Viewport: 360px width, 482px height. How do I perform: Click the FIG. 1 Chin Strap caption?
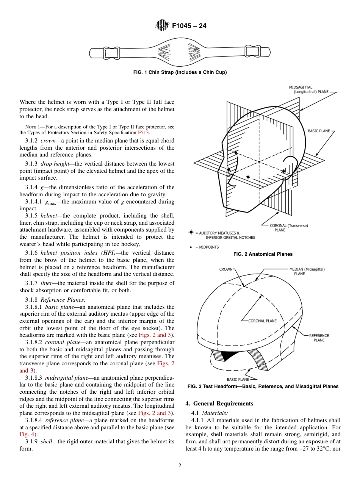(x=180, y=72)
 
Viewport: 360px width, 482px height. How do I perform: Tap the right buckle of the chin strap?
(x=251, y=50)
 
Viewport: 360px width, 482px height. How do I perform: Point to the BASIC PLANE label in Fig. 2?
(x=319, y=131)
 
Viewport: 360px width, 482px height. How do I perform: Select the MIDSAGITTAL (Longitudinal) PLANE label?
(x=308, y=89)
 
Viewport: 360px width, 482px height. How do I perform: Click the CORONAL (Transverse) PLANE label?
(x=289, y=227)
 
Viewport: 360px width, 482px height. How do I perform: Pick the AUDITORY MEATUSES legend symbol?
(x=191, y=232)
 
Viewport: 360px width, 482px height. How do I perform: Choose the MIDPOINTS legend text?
(x=207, y=247)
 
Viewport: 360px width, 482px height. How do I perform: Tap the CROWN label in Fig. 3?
(x=226, y=269)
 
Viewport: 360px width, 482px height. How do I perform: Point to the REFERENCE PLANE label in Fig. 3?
(x=319, y=338)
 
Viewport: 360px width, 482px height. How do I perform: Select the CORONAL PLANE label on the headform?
(x=262, y=321)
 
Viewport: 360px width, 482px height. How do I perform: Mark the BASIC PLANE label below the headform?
(x=238, y=379)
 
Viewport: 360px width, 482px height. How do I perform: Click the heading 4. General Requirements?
(x=219, y=404)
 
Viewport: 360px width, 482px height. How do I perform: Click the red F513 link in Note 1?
(x=144, y=133)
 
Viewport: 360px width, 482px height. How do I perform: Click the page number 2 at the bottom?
(x=180, y=466)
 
